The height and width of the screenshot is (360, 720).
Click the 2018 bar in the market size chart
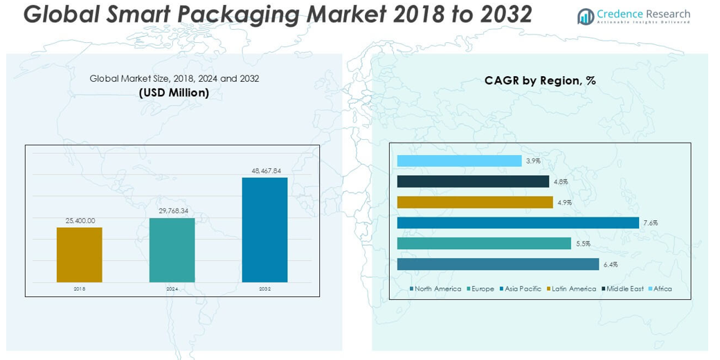tap(79, 254)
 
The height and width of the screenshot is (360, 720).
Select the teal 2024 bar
tap(172, 250)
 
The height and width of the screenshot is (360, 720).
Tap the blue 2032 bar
tap(264, 230)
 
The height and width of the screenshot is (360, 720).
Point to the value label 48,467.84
tap(264, 170)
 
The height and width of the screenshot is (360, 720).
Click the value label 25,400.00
tap(80, 220)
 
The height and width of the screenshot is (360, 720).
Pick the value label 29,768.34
tap(172, 211)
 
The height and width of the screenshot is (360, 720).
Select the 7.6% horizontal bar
tap(517, 223)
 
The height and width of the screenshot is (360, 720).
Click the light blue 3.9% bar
tap(459, 161)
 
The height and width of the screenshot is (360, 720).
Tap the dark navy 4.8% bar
tap(473, 181)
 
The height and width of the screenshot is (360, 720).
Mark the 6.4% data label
tap(610, 264)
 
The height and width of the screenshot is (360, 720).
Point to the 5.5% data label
tap(582, 244)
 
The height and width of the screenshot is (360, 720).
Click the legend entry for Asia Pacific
tap(520, 289)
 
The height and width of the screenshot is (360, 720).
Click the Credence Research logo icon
tap(586, 16)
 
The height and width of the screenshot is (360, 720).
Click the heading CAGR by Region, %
tap(540, 81)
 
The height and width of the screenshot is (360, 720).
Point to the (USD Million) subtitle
tap(174, 93)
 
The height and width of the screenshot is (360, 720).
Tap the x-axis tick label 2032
tap(264, 288)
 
